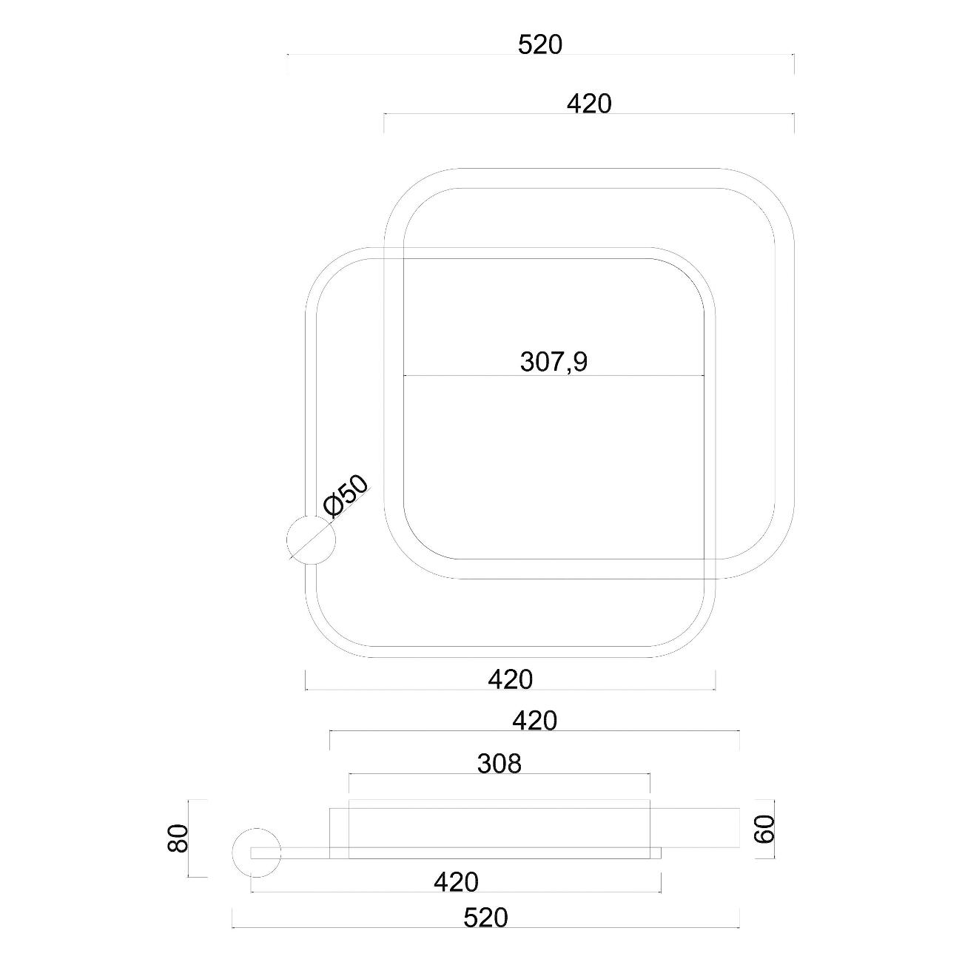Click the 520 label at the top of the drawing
(539, 45)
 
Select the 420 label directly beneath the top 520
(589, 104)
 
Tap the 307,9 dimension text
(554, 361)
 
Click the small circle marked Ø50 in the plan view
(311, 539)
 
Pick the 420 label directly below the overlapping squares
(510, 679)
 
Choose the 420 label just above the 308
(535, 721)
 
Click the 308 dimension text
(499, 763)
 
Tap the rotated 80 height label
(178, 838)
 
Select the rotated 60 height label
(764, 829)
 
